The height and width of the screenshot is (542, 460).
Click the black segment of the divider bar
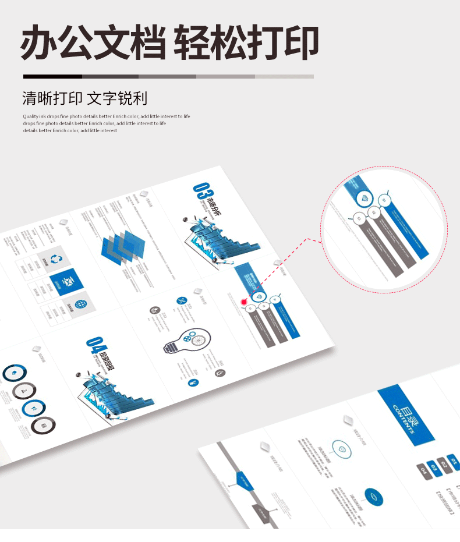click(x=52, y=76)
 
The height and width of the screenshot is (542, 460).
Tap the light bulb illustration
click(x=185, y=341)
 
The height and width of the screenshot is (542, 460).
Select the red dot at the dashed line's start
click(x=244, y=302)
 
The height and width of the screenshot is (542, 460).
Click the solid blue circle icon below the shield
click(x=373, y=497)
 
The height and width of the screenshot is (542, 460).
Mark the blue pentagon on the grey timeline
click(x=243, y=479)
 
